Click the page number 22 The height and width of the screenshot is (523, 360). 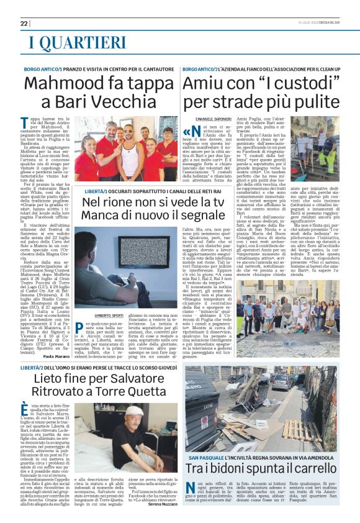[24, 24]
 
